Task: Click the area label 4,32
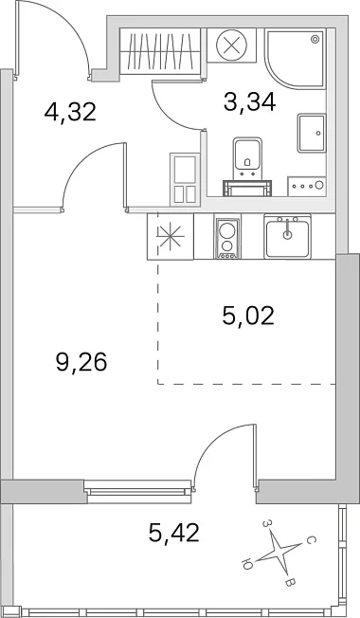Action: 70,112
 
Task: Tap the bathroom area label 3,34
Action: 249,102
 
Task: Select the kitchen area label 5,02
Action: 248,316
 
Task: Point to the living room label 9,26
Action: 81,362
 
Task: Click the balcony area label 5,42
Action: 174,533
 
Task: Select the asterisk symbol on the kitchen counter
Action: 171,236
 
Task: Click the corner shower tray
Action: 295,59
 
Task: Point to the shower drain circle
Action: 315,39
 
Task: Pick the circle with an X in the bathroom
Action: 232,44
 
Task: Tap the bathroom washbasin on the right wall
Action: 312,134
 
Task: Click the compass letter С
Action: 311,539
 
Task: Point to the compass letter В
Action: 289,582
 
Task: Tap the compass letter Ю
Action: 246,565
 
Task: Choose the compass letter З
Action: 267,523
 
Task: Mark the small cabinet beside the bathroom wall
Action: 185,179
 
